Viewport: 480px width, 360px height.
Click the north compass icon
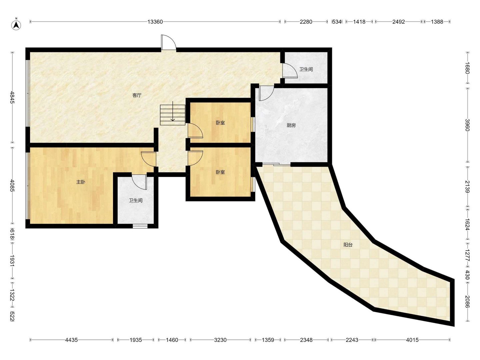pos(16,25)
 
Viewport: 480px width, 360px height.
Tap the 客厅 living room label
pos(137,95)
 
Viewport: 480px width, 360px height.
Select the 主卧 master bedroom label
pos(81,182)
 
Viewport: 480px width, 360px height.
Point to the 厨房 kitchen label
pos(291,125)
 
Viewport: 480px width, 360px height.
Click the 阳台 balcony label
pos(348,245)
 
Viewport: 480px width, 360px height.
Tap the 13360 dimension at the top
pos(155,22)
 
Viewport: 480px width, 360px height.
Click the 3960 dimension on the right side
pos(467,125)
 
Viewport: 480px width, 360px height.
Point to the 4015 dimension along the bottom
pos(412,340)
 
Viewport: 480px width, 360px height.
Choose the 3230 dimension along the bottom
pos(220,340)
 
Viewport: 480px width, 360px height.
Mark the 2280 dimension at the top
pos(306,22)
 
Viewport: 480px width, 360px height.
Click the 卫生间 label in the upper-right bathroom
pos(306,69)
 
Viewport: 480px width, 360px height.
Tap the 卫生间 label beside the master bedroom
pos(136,200)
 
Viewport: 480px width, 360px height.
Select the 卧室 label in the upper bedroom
pos(220,123)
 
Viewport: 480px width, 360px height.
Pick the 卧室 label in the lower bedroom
pos(220,172)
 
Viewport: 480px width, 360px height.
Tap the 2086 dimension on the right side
pos(467,302)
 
